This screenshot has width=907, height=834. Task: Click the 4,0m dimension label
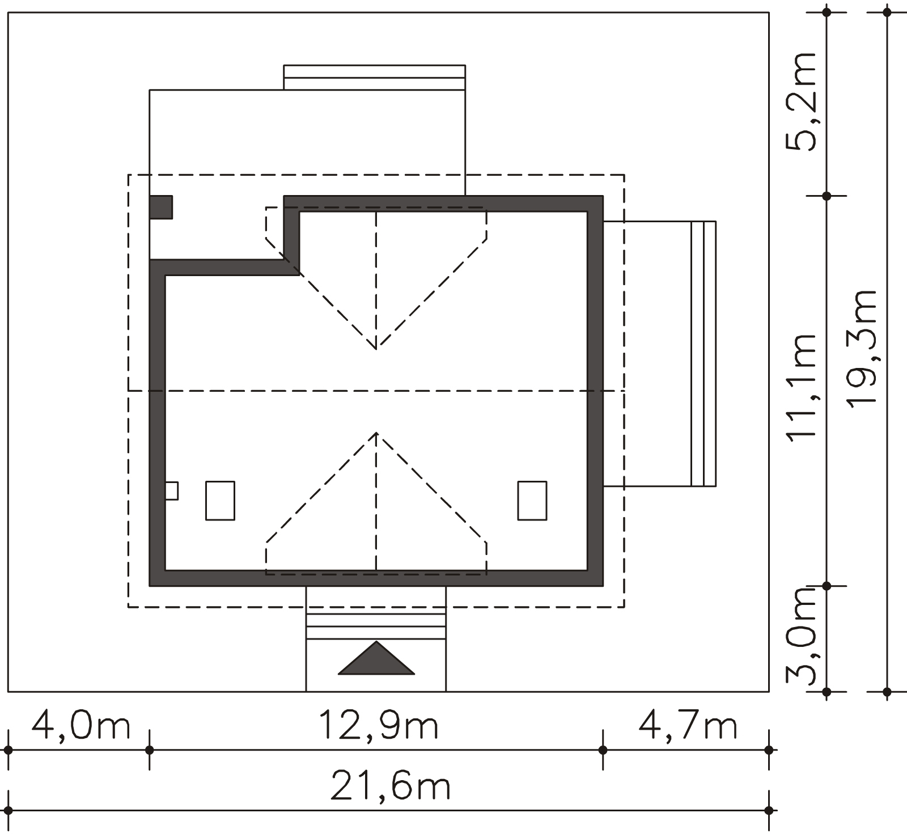[81, 726]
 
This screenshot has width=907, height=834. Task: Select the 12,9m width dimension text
[379, 726]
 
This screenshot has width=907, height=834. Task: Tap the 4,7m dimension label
[688, 726]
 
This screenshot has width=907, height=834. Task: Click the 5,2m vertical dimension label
[800, 102]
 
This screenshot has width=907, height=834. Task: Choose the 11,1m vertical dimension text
[800, 386]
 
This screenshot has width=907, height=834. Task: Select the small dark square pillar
[161, 207]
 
